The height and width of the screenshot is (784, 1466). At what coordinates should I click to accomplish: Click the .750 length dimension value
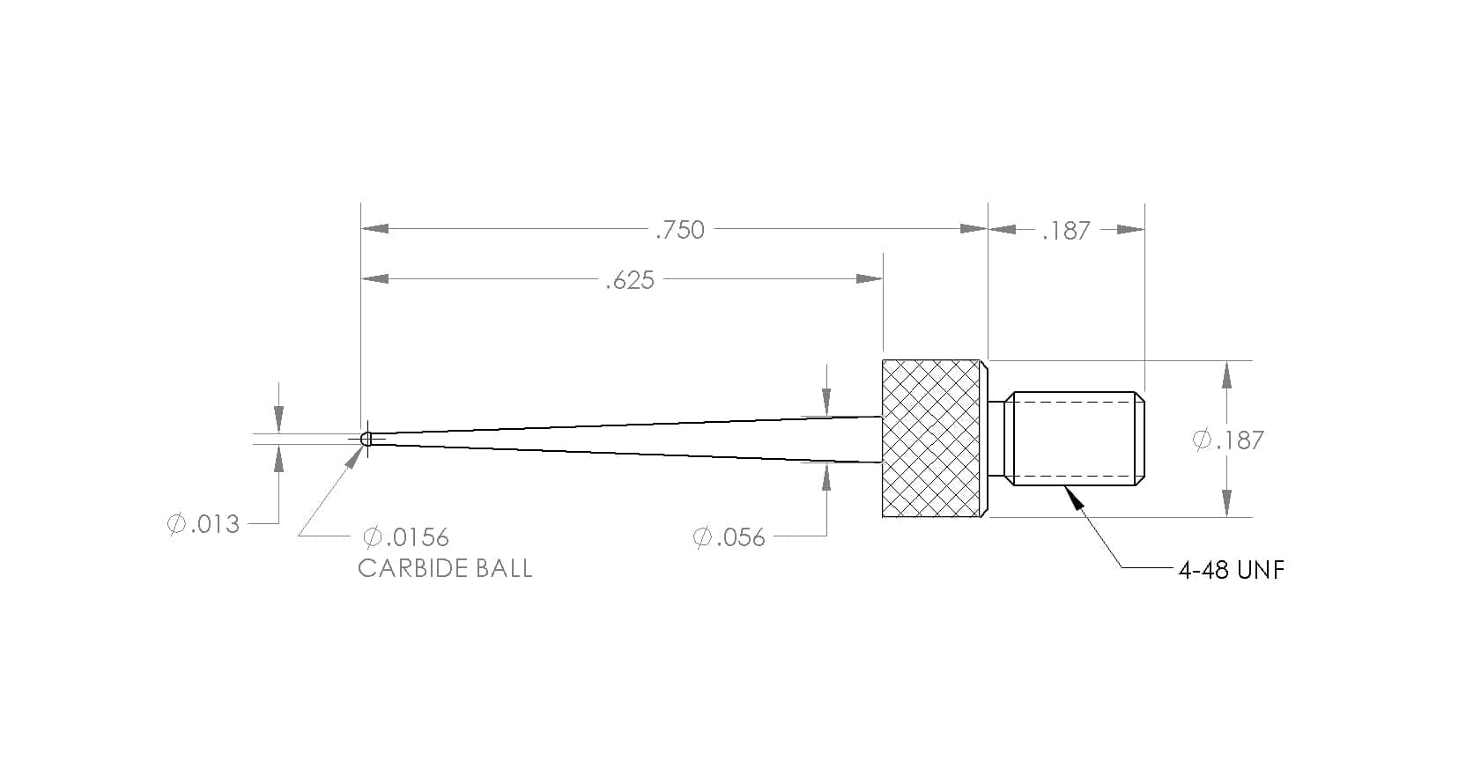click(x=680, y=231)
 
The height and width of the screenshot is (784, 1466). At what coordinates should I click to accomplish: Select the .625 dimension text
click(x=630, y=281)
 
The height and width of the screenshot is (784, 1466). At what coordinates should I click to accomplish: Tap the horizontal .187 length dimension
click(x=1066, y=231)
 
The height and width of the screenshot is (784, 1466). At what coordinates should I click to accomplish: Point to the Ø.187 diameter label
click(x=1228, y=440)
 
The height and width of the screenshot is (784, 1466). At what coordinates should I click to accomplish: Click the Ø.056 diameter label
click(x=729, y=537)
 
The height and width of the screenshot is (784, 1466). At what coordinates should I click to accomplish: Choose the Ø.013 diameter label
click(x=204, y=524)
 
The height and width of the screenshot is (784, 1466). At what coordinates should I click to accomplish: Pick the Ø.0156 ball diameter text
click(x=406, y=537)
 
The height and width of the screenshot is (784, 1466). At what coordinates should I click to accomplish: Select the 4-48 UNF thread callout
click(x=1232, y=571)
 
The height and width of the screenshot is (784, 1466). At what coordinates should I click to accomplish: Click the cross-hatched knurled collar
click(x=932, y=439)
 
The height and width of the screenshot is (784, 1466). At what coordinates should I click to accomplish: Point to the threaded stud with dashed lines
click(x=1075, y=439)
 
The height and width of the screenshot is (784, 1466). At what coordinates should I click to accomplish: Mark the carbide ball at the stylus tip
click(x=366, y=439)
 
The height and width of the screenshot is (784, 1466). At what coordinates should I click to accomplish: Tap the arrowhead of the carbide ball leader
click(x=354, y=457)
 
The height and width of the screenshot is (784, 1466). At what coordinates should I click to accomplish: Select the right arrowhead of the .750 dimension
click(x=974, y=228)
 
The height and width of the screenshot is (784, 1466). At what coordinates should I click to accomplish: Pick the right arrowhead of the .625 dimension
click(x=870, y=278)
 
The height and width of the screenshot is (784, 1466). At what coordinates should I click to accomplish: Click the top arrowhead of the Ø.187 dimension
click(x=1226, y=374)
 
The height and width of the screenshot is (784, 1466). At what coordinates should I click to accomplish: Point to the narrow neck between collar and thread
click(x=996, y=439)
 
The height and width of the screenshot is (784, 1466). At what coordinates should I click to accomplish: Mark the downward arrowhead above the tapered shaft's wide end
click(x=826, y=402)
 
